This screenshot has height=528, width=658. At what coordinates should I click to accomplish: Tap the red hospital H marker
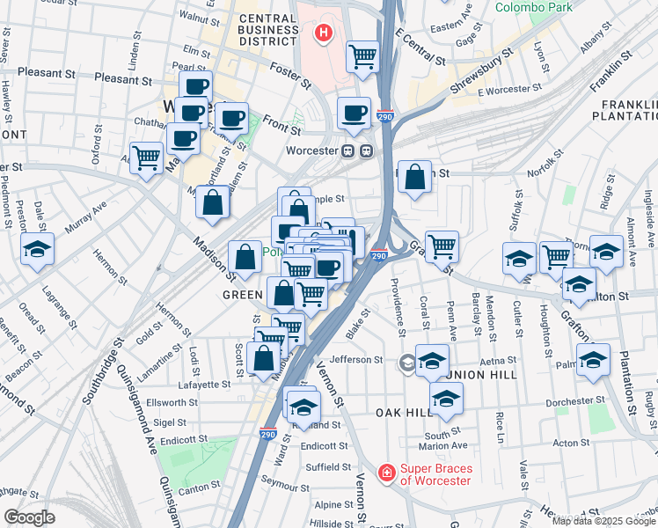pos(323,34)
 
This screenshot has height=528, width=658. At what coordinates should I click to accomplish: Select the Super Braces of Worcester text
pos(435,474)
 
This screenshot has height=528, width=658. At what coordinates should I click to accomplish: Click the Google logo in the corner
pos(29,517)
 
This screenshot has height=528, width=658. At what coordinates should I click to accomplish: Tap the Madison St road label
pos(215,244)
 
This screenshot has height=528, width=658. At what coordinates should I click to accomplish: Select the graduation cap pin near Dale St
pos(37,250)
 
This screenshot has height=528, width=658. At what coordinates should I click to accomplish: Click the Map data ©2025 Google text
pos(603,521)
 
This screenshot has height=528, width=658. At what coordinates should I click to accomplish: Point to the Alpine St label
pos(334,505)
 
